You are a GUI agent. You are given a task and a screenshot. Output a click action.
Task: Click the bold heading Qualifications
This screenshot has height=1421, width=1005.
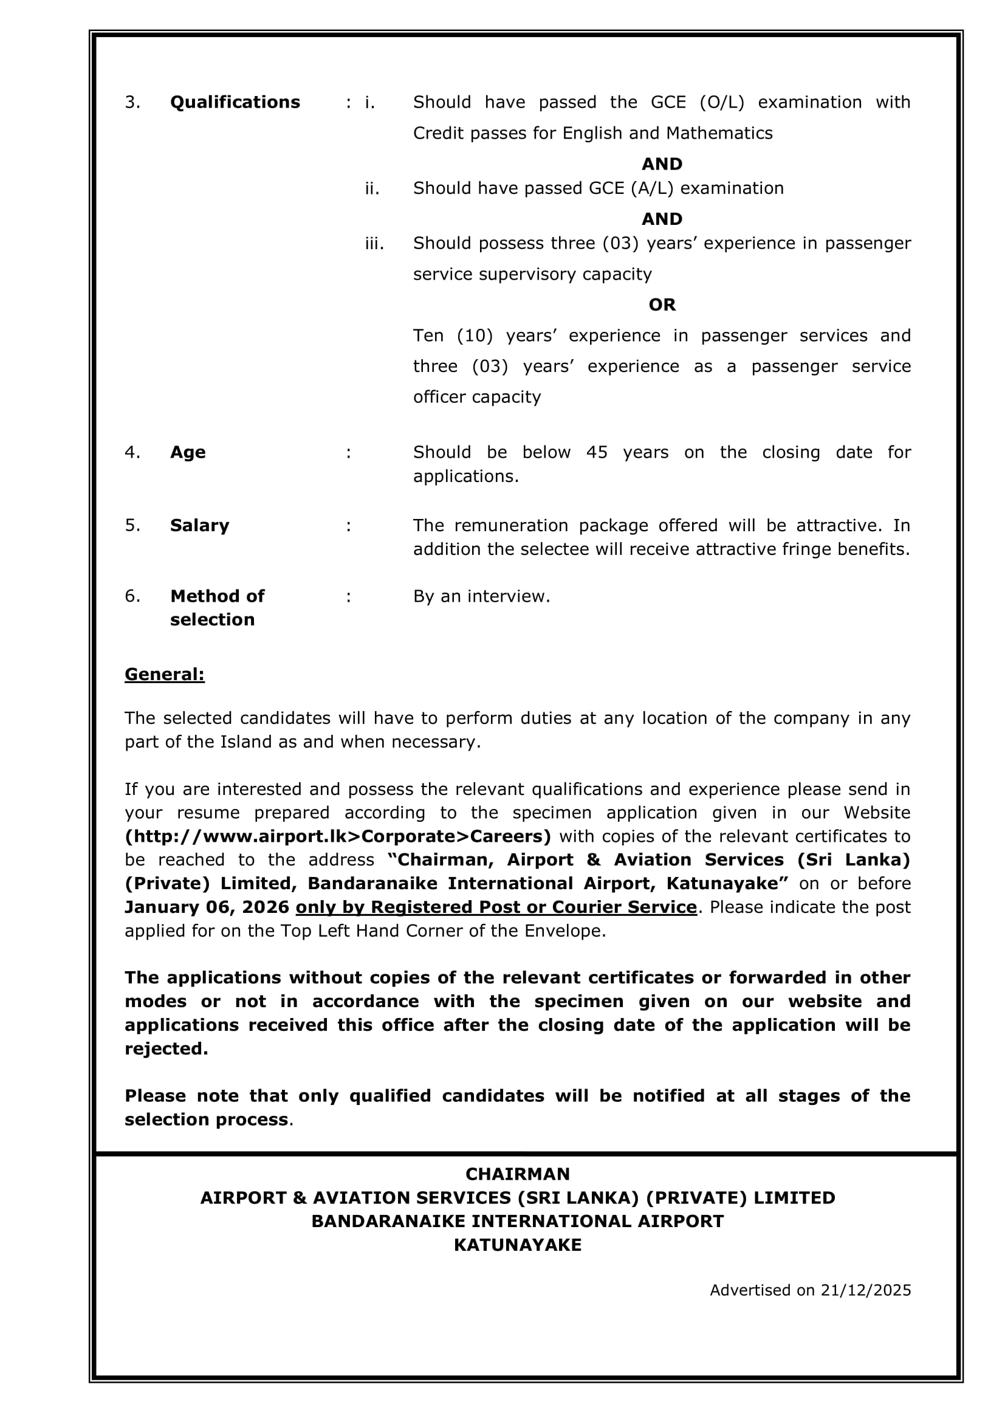[x=235, y=102]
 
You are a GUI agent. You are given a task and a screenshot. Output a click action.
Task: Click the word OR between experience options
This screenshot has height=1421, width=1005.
[x=662, y=304]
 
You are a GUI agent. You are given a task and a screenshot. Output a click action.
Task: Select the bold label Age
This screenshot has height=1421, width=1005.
[x=188, y=452]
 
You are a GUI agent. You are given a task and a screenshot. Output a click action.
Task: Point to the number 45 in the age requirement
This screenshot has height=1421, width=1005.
[x=597, y=452]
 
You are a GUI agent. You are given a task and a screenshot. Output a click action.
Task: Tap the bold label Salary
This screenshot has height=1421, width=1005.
[x=199, y=526]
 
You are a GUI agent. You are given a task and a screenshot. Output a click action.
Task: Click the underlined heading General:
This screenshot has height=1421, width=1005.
[x=164, y=674]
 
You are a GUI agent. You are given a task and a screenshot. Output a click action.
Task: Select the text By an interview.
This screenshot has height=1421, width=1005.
[x=481, y=597]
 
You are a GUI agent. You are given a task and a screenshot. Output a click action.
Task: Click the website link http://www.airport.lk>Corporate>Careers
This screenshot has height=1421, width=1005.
[x=337, y=836]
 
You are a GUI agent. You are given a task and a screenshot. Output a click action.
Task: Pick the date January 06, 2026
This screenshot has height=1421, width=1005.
[x=207, y=907]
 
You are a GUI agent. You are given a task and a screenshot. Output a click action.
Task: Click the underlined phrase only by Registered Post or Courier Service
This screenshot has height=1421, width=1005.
[x=496, y=907]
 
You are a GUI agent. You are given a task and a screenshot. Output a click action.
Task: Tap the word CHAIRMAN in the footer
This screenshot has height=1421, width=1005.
[x=517, y=1174]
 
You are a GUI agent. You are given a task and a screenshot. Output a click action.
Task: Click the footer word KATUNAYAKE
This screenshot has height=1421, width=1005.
[x=517, y=1245]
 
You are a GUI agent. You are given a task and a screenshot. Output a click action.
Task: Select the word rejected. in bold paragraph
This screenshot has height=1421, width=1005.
[x=166, y=1048]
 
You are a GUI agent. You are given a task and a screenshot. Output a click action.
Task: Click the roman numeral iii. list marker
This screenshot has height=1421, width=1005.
[x=374, y=244]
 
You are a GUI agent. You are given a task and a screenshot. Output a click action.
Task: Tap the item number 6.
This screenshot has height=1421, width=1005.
[x=132, y=596]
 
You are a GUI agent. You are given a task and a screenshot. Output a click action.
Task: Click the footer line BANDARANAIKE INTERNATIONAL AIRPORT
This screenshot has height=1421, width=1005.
[x=517, y=1221]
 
